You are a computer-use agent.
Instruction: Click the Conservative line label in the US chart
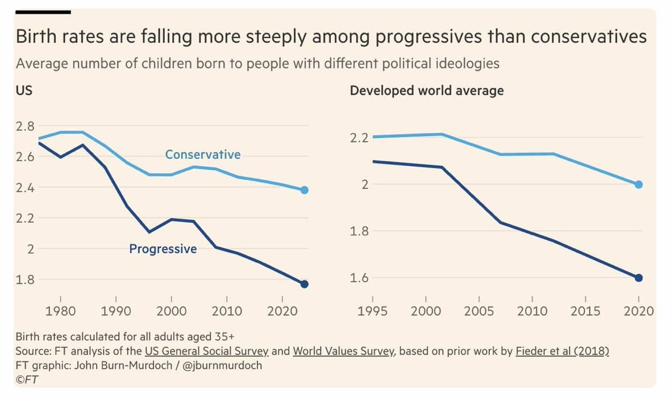(202, 155)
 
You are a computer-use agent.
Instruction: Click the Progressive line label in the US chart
(163, 249)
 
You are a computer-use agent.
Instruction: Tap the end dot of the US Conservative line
(305, 190)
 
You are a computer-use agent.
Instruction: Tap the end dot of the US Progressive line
(305, 284)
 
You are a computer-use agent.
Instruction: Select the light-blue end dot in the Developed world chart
(639, 184)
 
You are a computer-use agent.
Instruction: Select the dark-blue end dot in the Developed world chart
(639, 278)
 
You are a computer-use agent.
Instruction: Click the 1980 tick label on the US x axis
(61, 311)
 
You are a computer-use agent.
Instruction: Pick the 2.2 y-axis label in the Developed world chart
(359, 138)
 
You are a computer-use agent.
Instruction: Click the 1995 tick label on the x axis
(373, 311)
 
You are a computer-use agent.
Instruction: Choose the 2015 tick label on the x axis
(586, 311)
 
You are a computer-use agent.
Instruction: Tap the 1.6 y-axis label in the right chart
(359, 278)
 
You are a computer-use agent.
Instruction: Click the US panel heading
(24, 91)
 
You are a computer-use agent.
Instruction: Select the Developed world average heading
(426, 91)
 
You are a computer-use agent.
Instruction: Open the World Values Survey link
(343, 351)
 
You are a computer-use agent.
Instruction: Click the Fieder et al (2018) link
(562, 351)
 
